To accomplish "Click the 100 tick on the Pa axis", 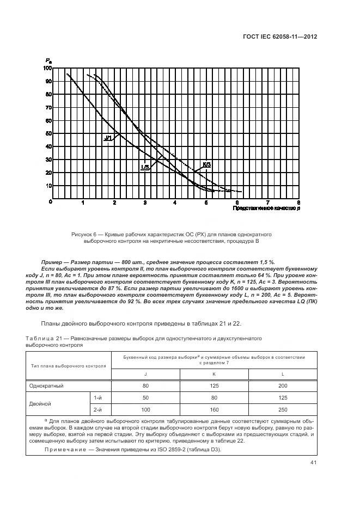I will click(x=47, y=69).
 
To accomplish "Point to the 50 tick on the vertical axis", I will click(x=48, y=133).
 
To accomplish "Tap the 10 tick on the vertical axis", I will click(x=48, y=186).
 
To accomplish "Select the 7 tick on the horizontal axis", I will click(x=267, y=202).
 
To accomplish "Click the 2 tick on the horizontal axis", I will click(x=114, y=202).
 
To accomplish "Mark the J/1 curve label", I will click(x=108, y=138).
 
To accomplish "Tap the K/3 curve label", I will click(x=207, y=164).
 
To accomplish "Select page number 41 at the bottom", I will click(x=313, y=462).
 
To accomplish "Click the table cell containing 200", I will click(x=282, y=385).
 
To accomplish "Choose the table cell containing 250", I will click(x=282, y=408).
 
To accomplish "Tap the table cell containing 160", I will click(x=214, y=408).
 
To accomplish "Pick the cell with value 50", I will click(x=145, y=398).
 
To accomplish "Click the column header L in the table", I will click(x=282, y=374).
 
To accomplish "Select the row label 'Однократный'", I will click(x=47, y=385).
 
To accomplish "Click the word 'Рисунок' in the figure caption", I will click(x=83, y=234).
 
